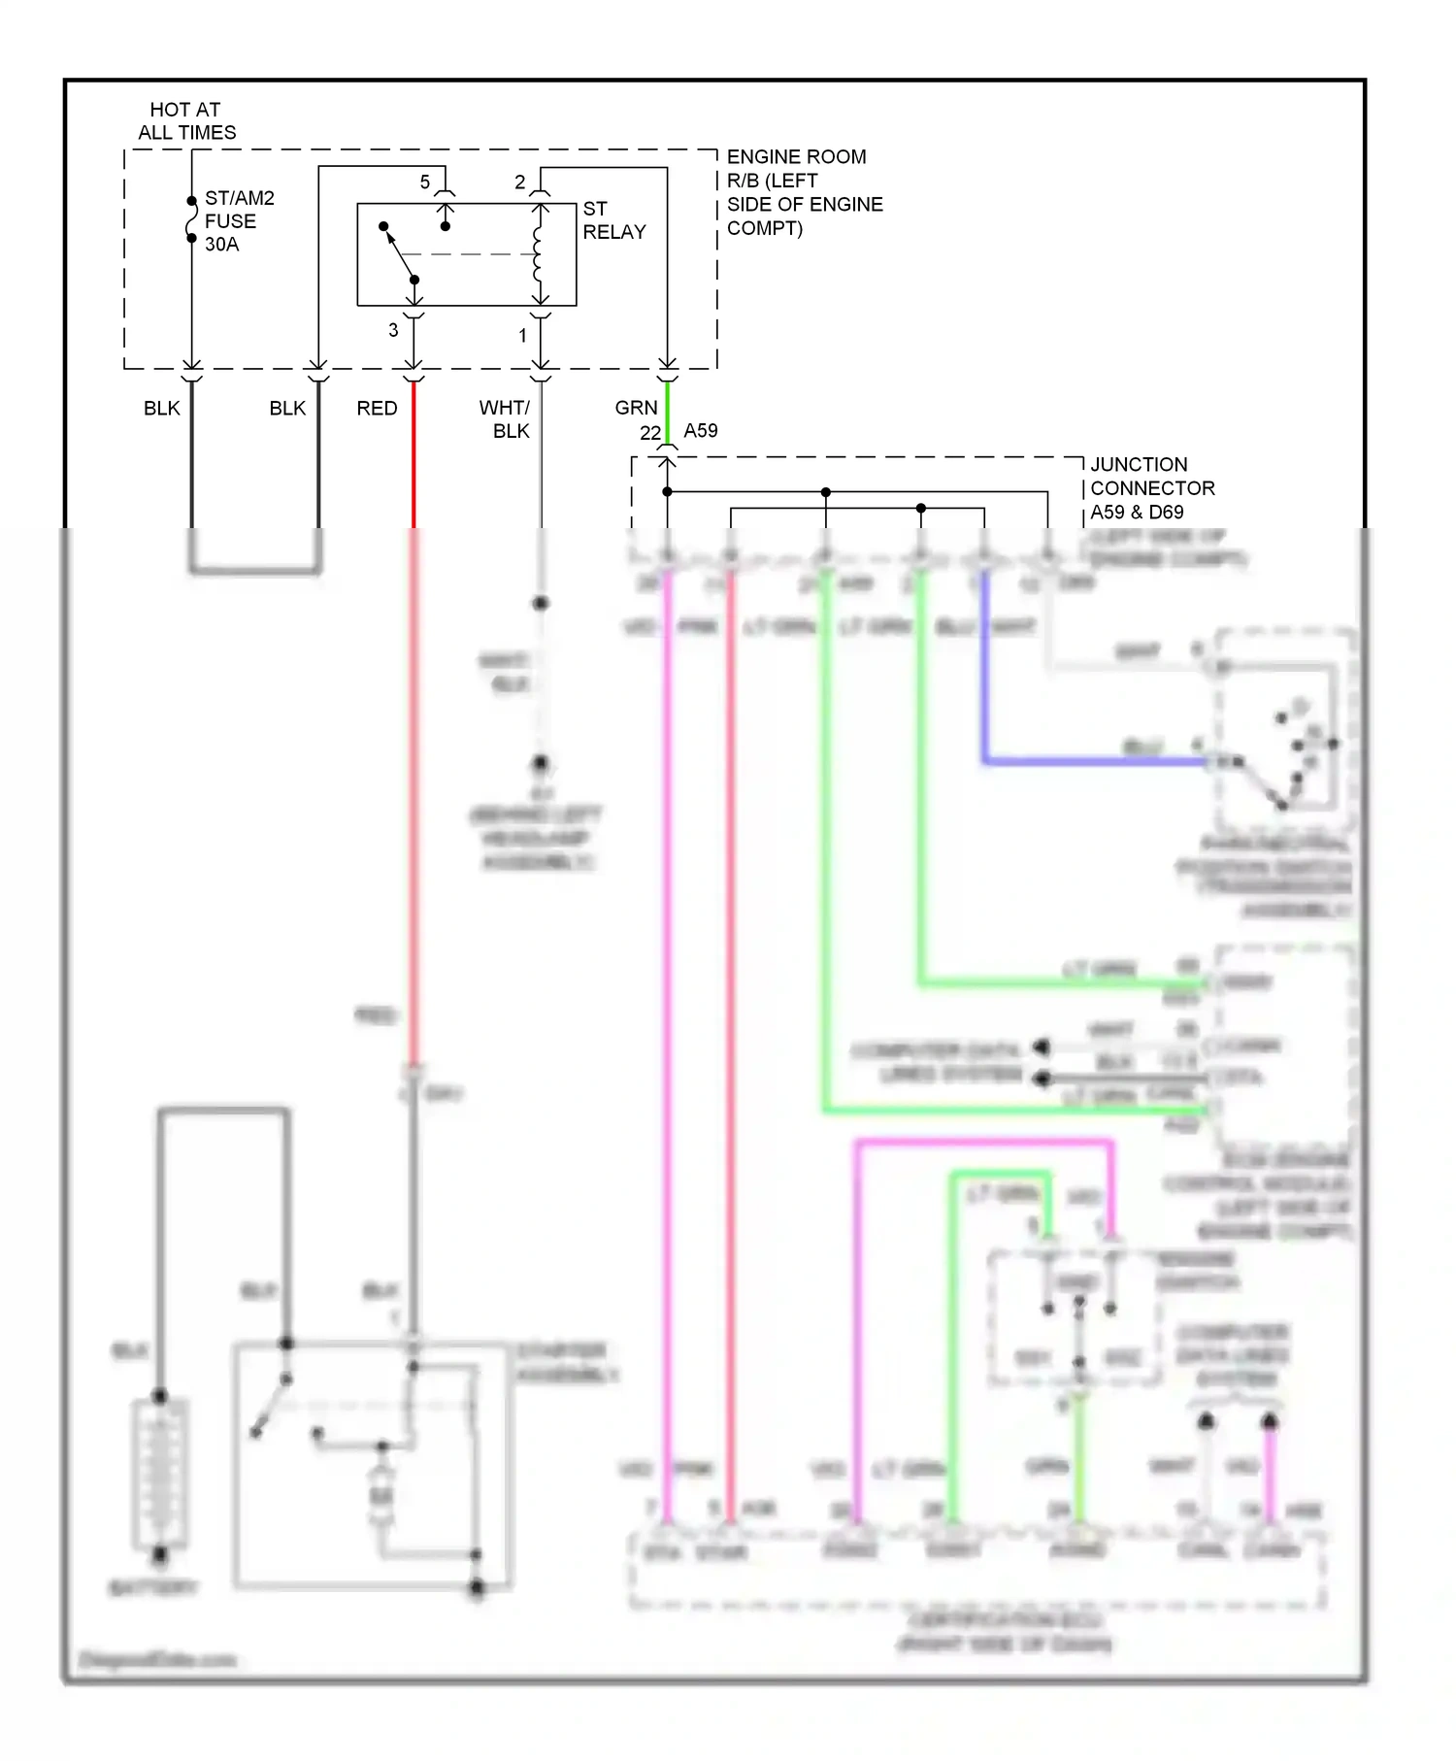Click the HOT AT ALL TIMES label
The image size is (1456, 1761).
point(185,121)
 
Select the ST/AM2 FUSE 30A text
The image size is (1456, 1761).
point(238,221)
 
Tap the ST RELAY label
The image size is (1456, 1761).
point(613,220)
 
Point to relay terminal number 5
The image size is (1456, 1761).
point(424,183)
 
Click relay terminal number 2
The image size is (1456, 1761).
point(520,183)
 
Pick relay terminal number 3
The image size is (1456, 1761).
point(393,330)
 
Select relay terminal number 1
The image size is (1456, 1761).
point(522,335)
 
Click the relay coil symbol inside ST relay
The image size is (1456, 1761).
point(538,254)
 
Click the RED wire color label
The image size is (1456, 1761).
point(377,409)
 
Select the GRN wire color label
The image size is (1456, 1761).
point(636,408)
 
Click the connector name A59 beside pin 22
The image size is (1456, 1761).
point(700,430)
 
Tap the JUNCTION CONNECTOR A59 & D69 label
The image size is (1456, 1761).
point(1151,488)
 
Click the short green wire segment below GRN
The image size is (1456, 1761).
point(667,410)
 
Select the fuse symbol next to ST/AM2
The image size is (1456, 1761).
point(192,219)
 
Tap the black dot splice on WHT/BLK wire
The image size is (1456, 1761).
point(541,603)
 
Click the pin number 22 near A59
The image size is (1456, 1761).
point(650,432)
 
